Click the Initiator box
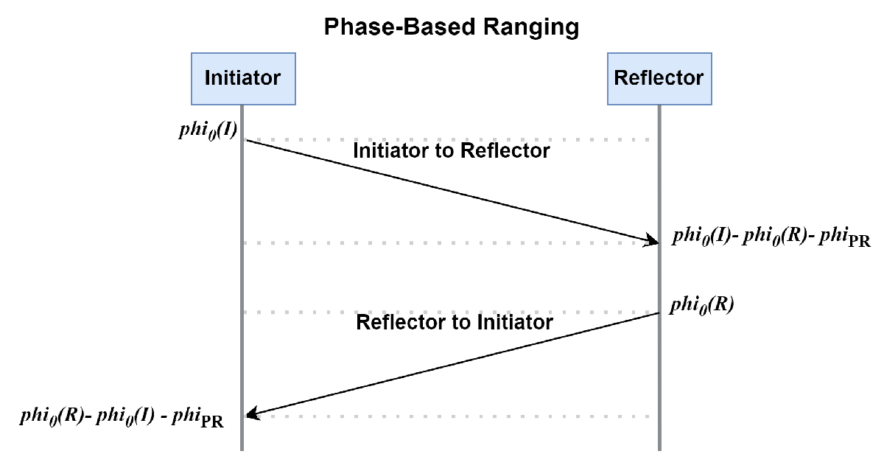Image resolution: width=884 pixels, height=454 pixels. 242,77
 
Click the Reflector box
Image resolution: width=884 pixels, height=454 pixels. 659,77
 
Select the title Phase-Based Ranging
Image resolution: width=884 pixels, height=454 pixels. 451,28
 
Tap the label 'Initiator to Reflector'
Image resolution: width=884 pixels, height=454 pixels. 452,151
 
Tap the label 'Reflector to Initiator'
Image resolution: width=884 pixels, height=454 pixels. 455,323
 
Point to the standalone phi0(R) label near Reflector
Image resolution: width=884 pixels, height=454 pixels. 701,304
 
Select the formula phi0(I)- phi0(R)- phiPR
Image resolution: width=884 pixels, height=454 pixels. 771,237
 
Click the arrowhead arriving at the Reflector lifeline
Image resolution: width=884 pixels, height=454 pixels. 652,240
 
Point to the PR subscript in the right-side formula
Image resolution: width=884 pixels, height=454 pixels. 859,242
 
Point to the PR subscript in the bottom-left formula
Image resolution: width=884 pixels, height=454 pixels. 211,420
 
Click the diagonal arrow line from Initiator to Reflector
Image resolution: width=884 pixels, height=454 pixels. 449,190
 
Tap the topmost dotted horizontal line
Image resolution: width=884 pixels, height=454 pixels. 449,139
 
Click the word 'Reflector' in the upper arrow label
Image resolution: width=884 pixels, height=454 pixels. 505,151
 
